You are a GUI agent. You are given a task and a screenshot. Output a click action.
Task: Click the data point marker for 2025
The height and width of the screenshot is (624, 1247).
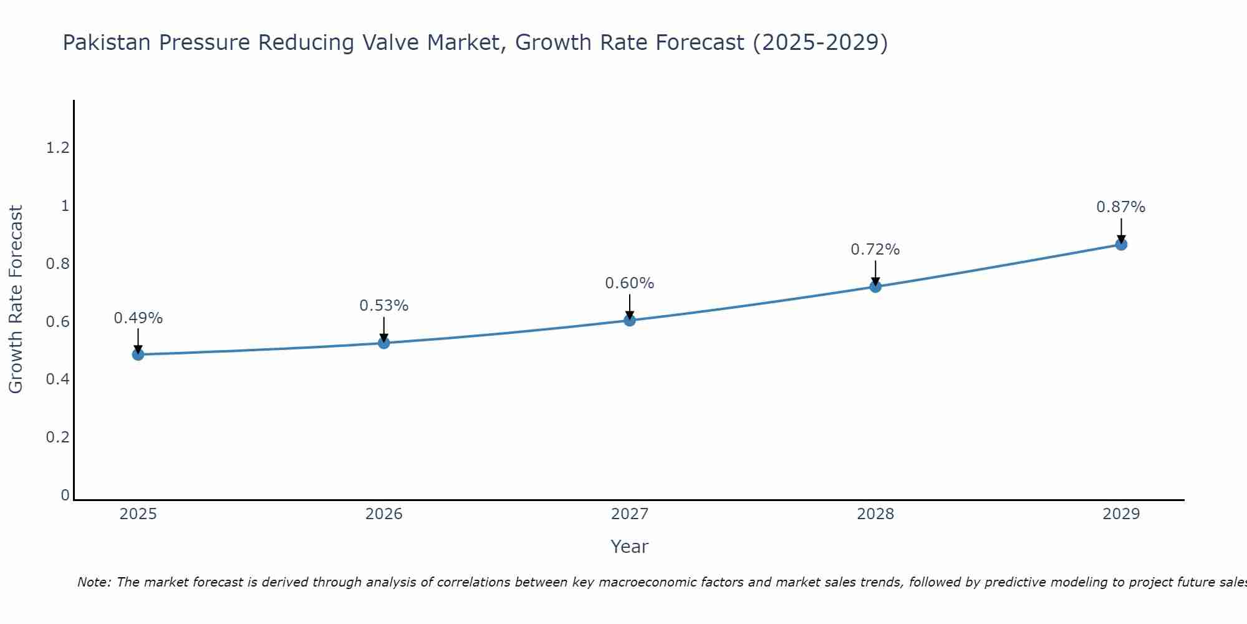[x=138, y=354]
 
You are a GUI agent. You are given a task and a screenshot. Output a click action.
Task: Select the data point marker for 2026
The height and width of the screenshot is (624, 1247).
[x=383, y=343]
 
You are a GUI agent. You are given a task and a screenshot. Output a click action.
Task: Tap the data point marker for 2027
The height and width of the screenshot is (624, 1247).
[x=629, y=320]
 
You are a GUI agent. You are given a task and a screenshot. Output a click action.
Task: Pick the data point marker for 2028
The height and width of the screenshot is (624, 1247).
[x=875, y=286]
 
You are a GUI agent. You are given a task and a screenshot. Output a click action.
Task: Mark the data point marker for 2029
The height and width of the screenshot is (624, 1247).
[x=1120, y=244]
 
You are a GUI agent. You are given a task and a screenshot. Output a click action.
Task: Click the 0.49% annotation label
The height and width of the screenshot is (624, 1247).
[x=138, y=318]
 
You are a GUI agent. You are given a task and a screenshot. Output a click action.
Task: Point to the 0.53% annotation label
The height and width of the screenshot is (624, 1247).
[x=383, y=306]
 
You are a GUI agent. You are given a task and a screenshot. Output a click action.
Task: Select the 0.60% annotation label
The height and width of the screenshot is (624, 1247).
[x=629, y=283]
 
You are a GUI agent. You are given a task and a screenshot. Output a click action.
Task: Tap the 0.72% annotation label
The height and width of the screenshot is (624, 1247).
[x=875, y=250]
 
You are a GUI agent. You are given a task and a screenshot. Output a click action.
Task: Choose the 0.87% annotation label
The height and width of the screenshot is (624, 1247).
[x=1120, y=207]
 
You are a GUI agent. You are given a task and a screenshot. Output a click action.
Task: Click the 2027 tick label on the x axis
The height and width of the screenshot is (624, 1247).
[x=629, y=514]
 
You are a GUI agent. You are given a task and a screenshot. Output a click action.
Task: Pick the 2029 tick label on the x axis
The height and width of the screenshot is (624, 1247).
[x=1120, y=514]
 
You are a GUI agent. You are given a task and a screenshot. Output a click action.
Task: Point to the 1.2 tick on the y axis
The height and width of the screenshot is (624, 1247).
[x=57, y=148]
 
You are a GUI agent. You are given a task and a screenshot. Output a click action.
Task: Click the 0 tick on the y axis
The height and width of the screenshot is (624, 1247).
[x=65, y=495]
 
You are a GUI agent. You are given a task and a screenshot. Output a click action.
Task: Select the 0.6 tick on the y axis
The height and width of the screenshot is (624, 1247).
[x=57, y=322]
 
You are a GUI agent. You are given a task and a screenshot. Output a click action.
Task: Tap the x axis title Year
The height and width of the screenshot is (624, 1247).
[x=629, y=547]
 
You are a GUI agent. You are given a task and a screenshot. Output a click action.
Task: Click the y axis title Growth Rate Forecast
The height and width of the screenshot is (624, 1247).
[x=16, y=300]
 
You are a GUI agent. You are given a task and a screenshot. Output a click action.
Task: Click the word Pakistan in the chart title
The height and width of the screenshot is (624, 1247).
[x=107, y=42]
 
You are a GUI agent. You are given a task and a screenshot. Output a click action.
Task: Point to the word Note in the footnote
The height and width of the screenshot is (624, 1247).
[x=94, y=582]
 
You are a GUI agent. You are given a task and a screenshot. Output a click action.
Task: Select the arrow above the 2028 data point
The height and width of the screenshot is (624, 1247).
[x=875, y=273]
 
